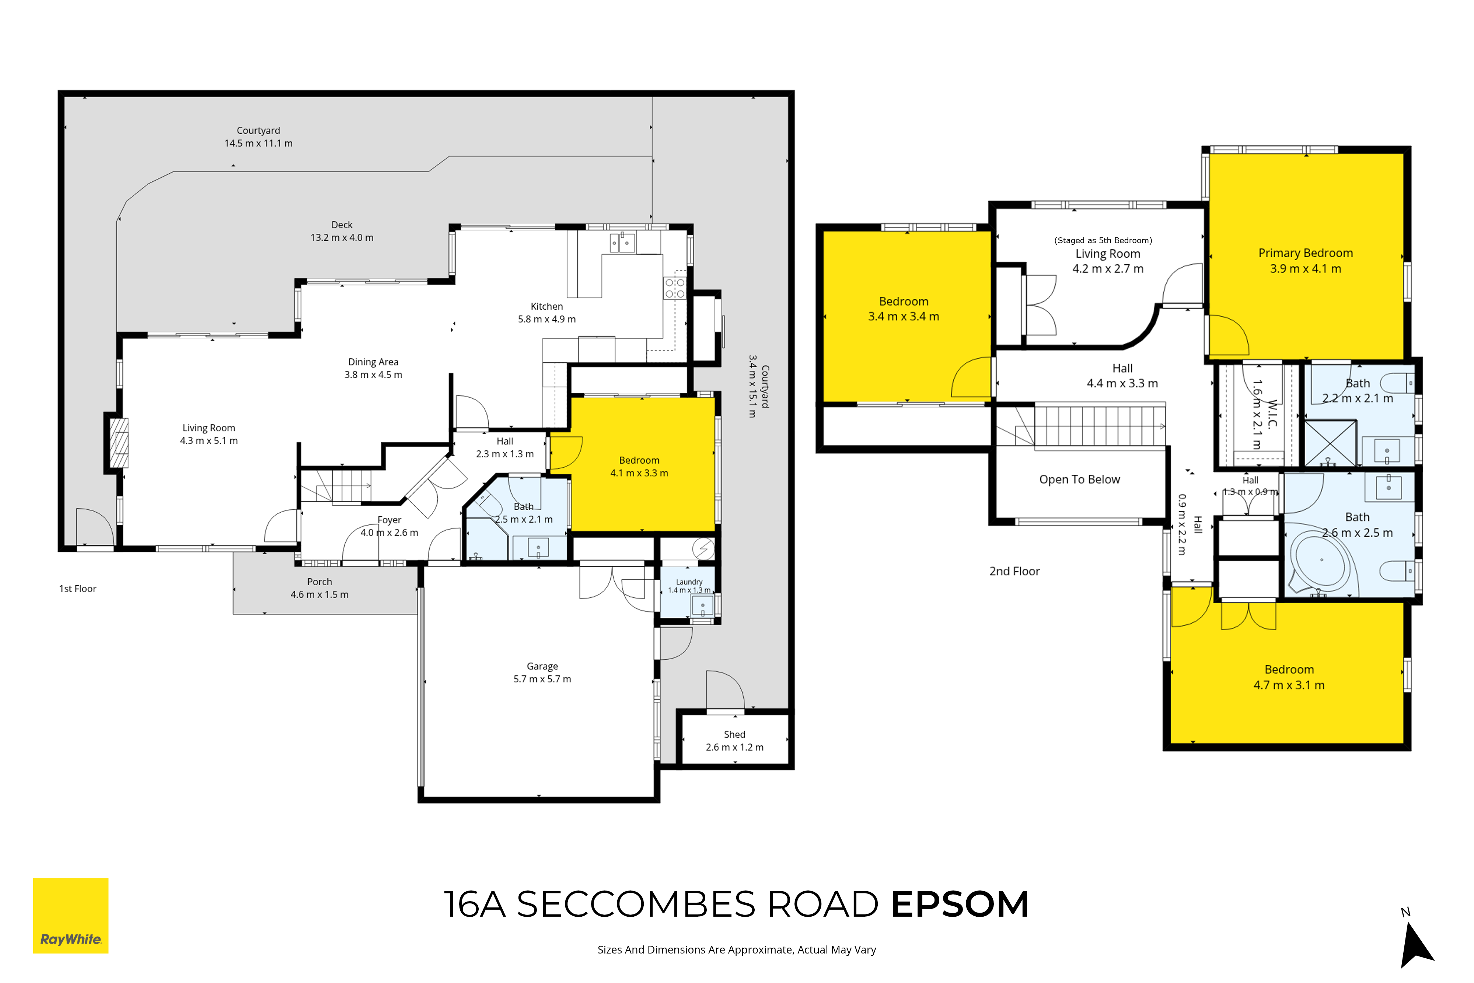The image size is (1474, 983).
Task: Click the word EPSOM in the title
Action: [x=960, y=904]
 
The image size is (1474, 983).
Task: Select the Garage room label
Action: [x=542, y=666]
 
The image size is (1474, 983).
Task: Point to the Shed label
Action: [x=734, y=734]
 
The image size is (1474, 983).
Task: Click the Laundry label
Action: [x=689, y=582]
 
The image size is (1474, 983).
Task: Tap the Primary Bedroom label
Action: [x=1306, y=252]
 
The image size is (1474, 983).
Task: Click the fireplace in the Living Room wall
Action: [x=119, y=443]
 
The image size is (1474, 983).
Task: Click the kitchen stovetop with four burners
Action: [x=675, y=288]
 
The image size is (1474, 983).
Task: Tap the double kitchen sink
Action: [x=622, y=242]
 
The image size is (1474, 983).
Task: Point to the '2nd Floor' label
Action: [x=1014, y=571]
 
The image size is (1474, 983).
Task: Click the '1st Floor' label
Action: [x=78, y=589]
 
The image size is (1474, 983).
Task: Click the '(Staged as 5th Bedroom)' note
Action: [x=1103, y=240]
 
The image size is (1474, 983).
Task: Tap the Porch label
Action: [x=319, y=582]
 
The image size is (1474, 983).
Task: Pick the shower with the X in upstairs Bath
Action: [x=1330, y=443]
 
